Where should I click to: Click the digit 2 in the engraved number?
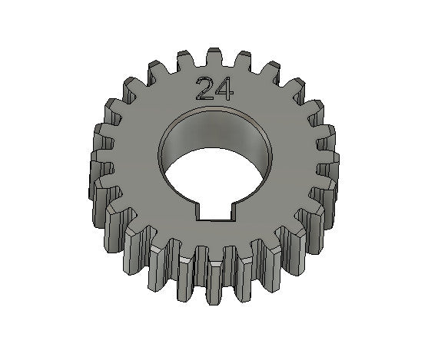[205, 89]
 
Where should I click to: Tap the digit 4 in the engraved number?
[225, 89]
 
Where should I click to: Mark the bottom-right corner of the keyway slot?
[231, 219]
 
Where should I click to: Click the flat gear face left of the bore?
[134, 161]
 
